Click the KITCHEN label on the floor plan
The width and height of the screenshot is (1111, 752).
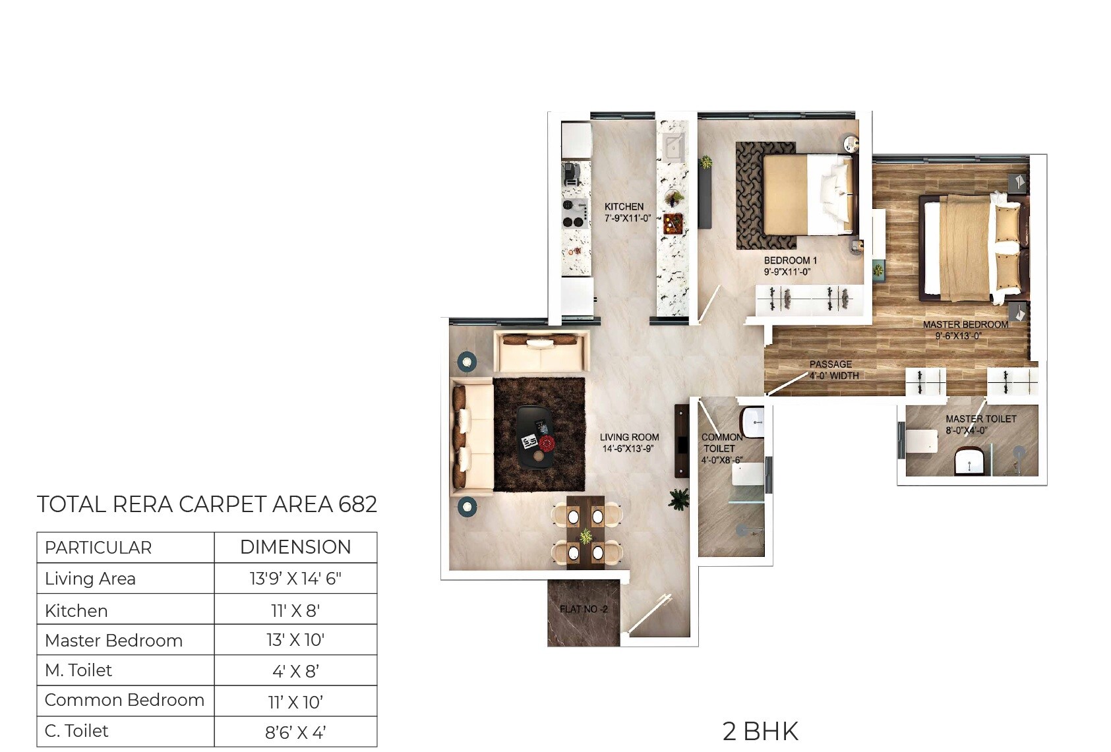624,207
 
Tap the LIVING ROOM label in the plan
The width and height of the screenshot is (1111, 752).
629,437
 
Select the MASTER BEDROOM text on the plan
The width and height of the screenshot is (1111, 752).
965,324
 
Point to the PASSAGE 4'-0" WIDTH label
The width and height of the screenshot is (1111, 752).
833,370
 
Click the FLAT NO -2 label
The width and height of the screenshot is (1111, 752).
584,609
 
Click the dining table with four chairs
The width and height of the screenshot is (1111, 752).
586,532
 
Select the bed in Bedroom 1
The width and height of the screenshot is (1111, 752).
808,194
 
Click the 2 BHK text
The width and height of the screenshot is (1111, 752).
760,732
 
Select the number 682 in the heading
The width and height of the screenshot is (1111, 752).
357,504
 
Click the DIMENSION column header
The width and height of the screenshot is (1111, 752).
295,547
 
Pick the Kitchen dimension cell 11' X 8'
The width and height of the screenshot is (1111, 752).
295,610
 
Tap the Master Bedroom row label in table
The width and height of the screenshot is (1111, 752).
113,641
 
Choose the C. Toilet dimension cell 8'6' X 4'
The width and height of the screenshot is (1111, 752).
295,732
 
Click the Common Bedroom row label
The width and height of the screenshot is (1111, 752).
124,700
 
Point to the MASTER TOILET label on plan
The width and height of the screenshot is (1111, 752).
980,419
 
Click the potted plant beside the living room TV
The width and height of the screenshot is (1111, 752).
678,499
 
